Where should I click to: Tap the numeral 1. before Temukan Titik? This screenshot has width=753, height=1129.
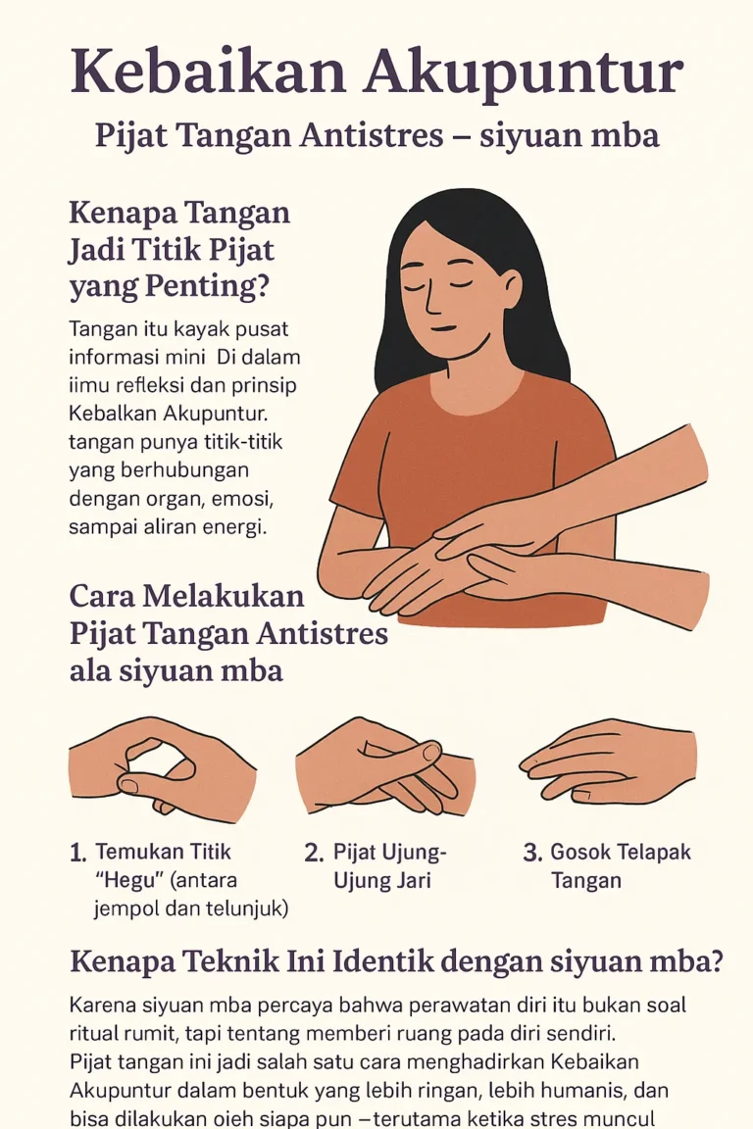[x=78, y=853]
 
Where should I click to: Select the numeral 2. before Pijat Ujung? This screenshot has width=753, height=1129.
[x=314, y=853]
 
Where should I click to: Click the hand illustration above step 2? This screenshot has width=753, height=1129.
[x=384, y=766]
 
